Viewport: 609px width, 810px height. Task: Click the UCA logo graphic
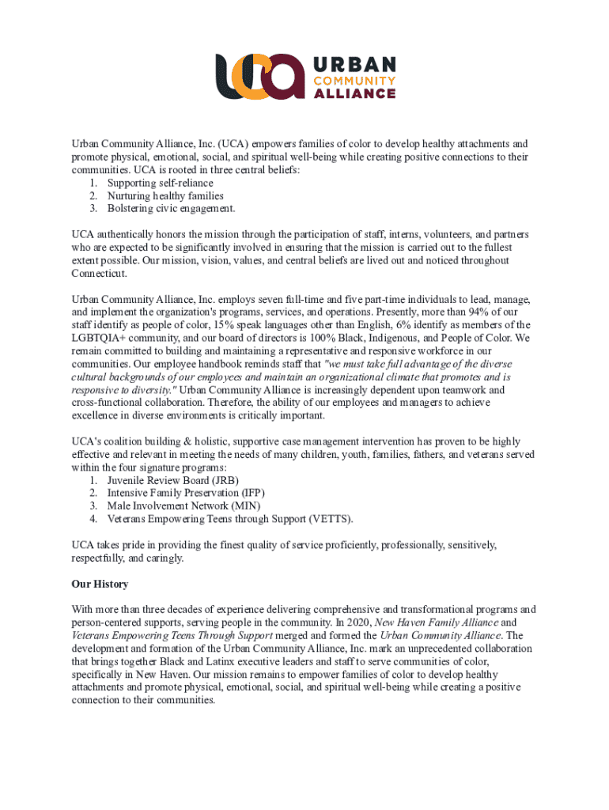(260, 77)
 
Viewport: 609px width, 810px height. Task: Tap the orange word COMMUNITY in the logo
(355, 80)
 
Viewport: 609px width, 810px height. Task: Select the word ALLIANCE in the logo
(355, 93)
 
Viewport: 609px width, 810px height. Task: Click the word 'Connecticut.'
(99, 273)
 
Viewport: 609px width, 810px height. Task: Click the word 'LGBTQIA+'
(99, 338)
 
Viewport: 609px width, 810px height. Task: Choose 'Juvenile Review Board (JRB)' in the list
(172, 480)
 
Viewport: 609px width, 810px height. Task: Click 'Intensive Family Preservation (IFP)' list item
(186, 493)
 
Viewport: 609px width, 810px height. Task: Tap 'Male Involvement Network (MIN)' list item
(183, 505)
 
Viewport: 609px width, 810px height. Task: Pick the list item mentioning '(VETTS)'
(230, 518)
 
